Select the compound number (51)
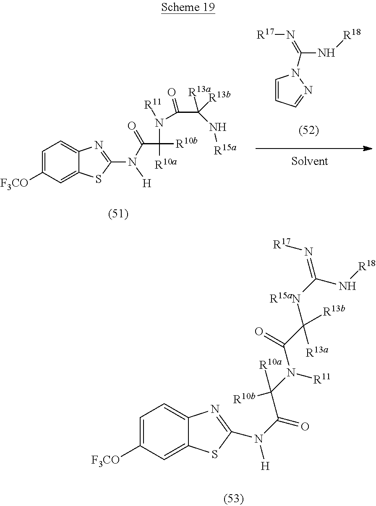pyautogui.click(x=118, y=214)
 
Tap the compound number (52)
pyautogui.click(x=308, y=131)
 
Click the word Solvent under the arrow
pyautogui.click(x=309, y=161)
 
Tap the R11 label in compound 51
pyautogui.click(x=152, y=104)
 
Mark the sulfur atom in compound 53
pyautogui.click(x=214, y=455)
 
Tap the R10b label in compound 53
pyautogui.click(x=244, y=398)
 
